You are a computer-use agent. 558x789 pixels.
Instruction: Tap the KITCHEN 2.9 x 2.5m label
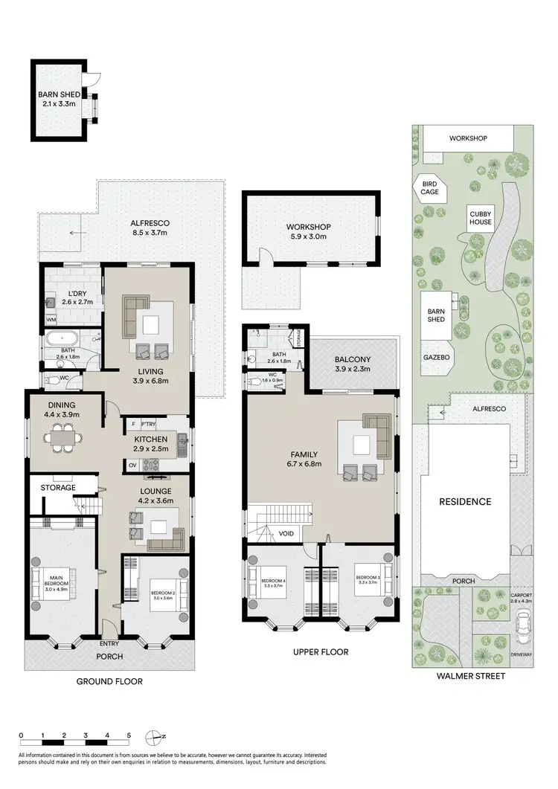pyautogui.click(x=151, y=445)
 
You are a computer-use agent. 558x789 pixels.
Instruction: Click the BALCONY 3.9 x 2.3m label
pyautogui.click(x=353, y=364)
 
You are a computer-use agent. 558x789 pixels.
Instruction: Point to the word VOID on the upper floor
pyautogui.click(x=286, y=533)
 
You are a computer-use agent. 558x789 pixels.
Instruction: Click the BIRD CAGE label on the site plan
pyautogui.click(x=429, y=187)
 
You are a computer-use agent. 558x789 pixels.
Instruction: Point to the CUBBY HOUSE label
pyautogui.click(x=480, y=218)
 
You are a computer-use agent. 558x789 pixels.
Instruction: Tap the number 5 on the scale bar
pyautogui.click(x=129, y=735)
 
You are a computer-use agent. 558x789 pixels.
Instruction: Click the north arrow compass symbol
pyautogui.click(x=155, y=737)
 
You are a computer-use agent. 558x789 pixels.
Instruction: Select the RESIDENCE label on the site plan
pyautogui.click(x=466, y=501)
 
